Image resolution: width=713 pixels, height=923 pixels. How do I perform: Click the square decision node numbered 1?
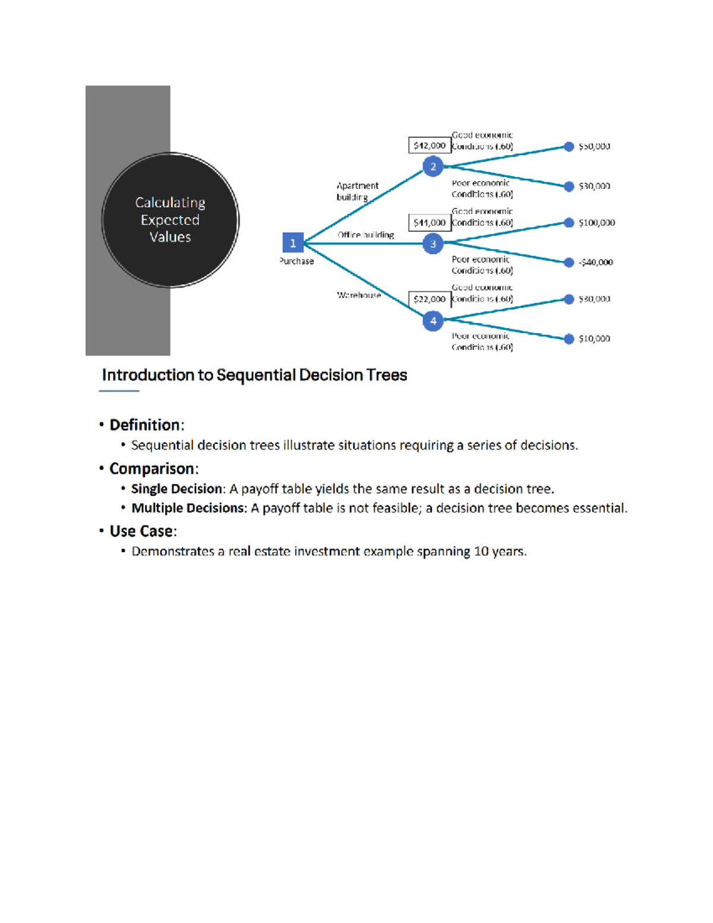[292, 243]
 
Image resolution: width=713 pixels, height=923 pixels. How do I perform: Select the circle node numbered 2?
[433, 167]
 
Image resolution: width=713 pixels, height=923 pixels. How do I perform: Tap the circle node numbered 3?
[433, 244]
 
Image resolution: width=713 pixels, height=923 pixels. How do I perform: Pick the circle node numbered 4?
[433, 321]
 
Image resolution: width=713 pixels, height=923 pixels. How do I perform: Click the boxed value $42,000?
[429, 146]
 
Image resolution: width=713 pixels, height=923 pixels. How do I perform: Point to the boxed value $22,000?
[429, 299]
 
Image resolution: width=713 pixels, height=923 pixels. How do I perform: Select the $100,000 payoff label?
[597, 223]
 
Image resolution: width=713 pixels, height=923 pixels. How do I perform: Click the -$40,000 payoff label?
[595, 262]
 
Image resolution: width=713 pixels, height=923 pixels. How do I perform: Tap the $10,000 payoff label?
[594, 339]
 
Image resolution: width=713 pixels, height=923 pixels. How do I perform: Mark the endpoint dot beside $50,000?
[569, 146]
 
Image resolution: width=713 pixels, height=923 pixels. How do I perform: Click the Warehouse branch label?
[359, 295]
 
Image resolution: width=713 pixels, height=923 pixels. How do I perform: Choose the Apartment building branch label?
[357, 191]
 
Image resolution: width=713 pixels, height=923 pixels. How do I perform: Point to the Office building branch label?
[365, 235]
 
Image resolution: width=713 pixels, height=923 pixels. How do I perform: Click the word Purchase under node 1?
[296, 261]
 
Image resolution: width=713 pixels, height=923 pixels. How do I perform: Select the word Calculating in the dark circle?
[170, 203]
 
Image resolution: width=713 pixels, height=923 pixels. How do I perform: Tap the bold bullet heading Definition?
[145, 425]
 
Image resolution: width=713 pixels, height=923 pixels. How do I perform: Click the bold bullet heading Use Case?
[141, 531]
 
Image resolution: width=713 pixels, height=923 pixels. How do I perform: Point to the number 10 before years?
[481, 552]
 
